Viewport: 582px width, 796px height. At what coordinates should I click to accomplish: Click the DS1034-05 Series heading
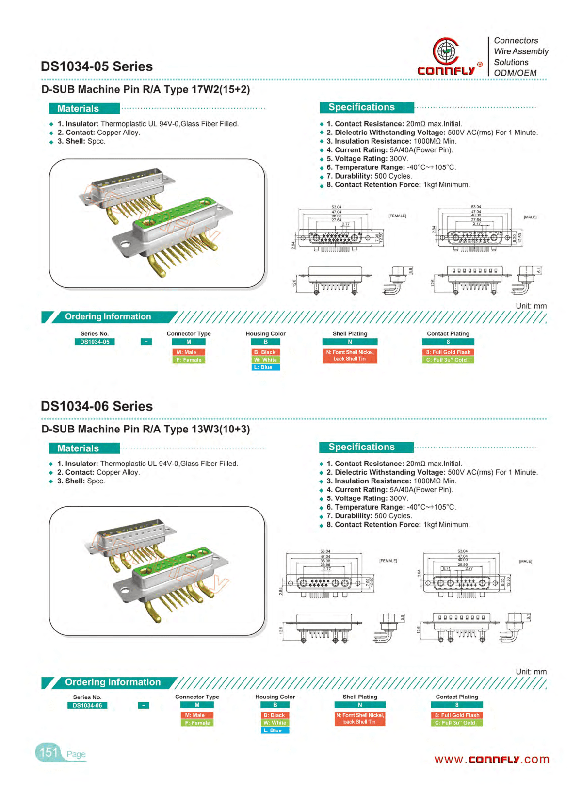click(x=97, y=66)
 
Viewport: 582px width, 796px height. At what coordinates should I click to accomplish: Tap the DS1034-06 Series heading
click(x=97, y=406)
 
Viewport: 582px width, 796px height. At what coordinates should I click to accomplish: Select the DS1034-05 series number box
click(x=95, y=342)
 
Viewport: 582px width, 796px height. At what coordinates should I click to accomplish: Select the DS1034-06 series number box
click(x=87, y=705)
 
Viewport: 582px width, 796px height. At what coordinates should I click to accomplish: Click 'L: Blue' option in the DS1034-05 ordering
click(x=266, y=367)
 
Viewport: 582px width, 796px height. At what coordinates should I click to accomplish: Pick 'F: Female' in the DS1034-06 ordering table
click(x=197, y=723)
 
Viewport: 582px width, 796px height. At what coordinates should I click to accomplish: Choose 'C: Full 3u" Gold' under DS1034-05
click(x=448, y=360)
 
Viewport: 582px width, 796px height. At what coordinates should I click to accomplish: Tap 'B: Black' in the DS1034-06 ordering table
click(x=275, y=715)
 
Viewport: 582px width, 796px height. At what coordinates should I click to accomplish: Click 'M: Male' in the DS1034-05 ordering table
click(x=189, y=352)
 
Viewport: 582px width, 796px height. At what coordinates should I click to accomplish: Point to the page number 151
click(x=48, y=752)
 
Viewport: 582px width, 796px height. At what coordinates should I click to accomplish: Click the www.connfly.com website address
click(x=491, y=759)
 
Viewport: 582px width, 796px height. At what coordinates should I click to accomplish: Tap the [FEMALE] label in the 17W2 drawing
click(x=397, y=216)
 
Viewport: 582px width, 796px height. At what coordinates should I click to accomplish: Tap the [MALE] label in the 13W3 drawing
click(x=525, y=561)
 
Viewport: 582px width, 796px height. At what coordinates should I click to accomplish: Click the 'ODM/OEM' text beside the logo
click(x=515, y=73)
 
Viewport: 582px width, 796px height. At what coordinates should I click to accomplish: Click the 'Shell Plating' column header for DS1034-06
click(x=360, y=696)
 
